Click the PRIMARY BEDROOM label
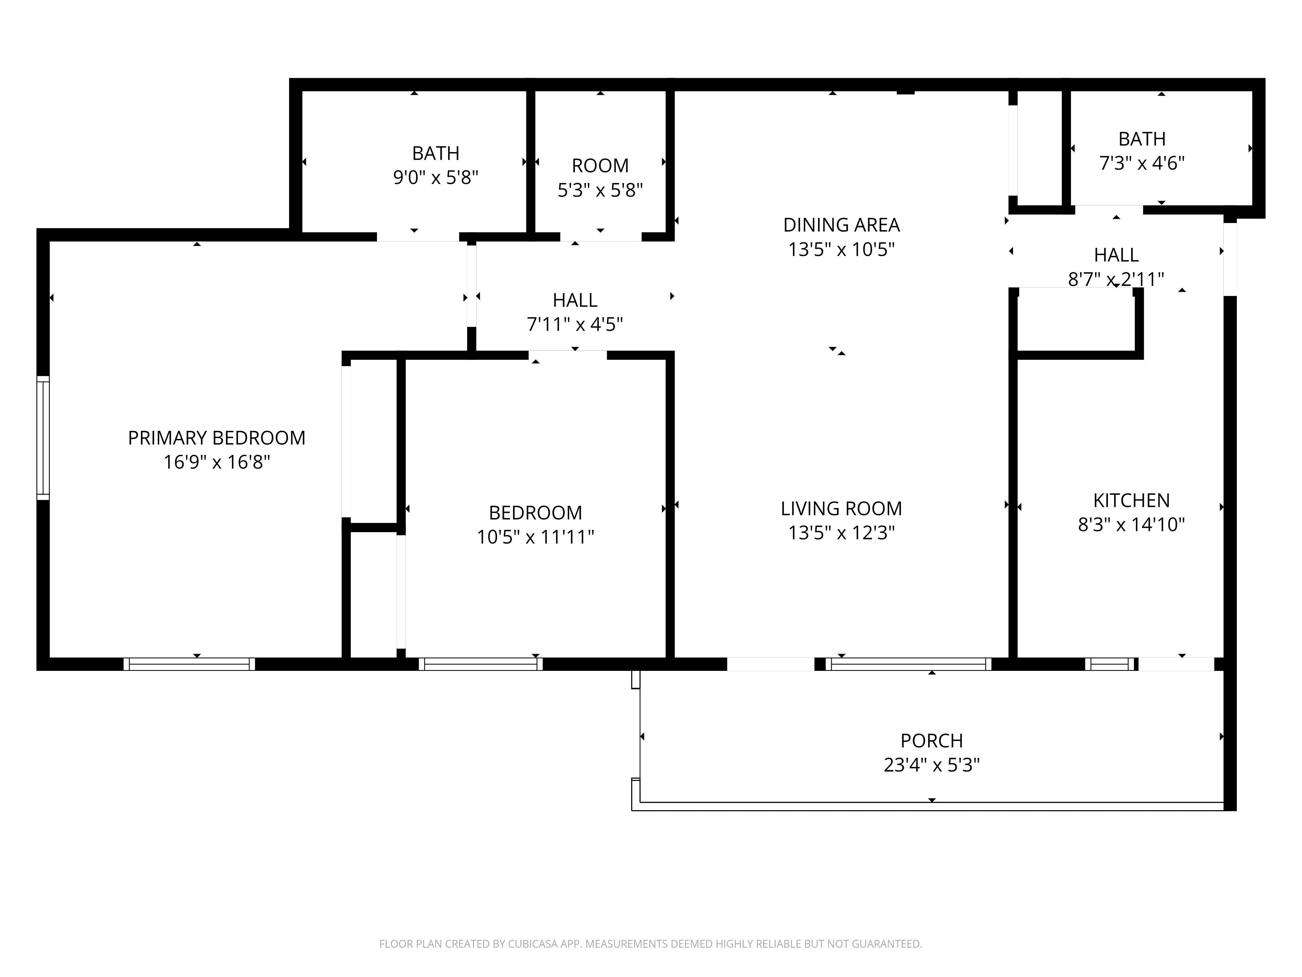click(216, 438)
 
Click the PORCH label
click(931, 740)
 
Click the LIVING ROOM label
click(841, 509)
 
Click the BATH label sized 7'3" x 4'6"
click(1141, 139)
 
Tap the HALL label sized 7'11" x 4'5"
click(575, 300)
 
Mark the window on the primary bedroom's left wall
click(43, 438)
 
